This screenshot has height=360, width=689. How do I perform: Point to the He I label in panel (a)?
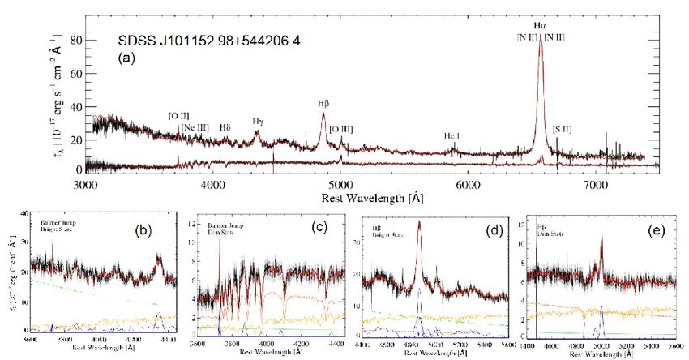pos(454,135)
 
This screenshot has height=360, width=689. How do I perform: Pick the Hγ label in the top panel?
pos(257,122)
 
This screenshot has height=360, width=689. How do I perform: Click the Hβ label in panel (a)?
pos(323,104)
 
